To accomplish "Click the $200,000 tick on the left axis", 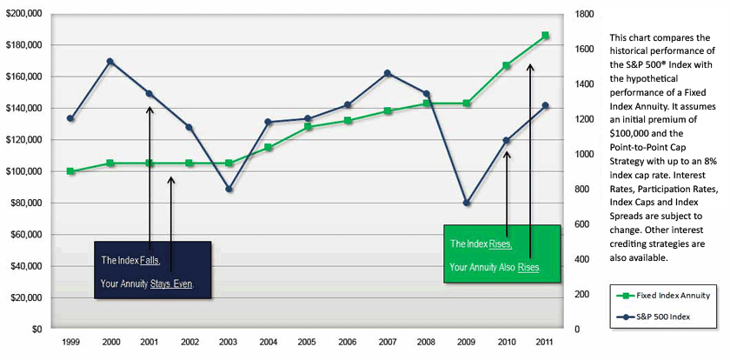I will (27, 14).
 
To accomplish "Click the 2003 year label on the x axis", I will (228, 343).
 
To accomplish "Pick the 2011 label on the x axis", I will (545, 343).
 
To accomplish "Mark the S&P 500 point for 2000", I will (109, 62).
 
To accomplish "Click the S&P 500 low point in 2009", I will (467, 203).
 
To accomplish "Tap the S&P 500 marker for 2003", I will (229, 189).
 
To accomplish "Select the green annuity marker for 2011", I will (545, 36).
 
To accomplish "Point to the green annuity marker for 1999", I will (70, 171).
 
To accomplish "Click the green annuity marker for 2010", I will (507, 65).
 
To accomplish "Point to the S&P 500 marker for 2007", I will (388, 73).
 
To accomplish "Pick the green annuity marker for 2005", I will (308, 127).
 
